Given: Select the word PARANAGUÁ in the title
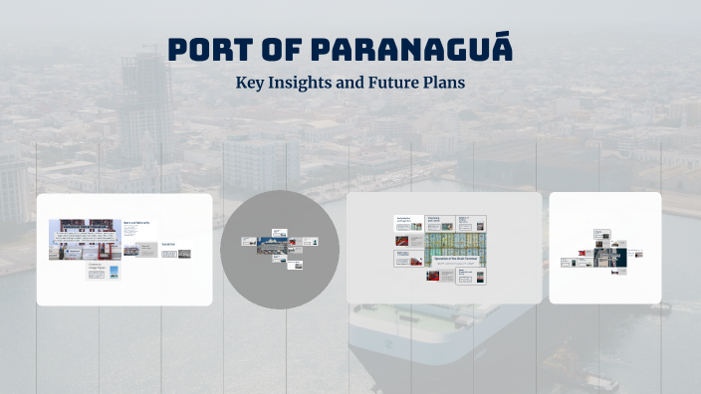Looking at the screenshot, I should point(411,49).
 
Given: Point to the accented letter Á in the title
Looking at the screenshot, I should point(500,47).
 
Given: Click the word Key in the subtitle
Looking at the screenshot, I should point(250,83).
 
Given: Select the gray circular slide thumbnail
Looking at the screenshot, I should point(280,249).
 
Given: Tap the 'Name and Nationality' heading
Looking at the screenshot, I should point(136,223).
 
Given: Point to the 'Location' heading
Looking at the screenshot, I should point(167,245).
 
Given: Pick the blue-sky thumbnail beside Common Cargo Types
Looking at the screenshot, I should point(113,272).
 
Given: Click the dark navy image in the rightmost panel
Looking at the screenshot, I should point(604,256).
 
